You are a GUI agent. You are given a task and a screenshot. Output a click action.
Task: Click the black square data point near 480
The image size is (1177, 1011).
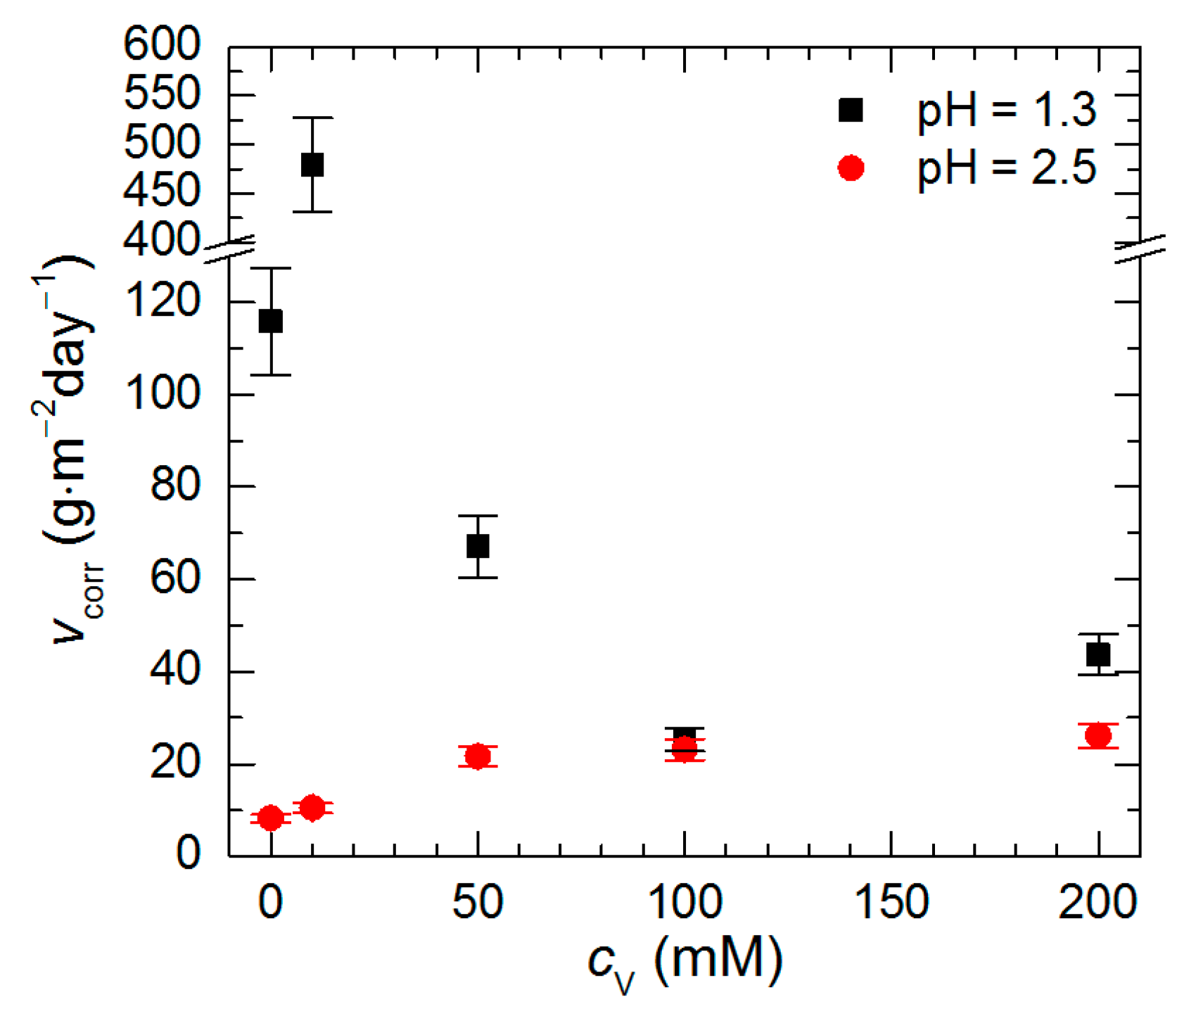click(x=312, y=165)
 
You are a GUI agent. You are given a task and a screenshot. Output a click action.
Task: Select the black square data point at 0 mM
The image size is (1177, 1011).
click(x=271, y=322)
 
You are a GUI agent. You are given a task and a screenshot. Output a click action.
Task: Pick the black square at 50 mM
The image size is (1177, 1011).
click(x=478, y=546)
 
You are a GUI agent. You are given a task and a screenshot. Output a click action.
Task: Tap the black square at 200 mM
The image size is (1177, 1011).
click(x=1098, y=655)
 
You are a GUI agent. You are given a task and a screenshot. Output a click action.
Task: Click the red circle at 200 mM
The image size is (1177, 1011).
click(x=1098, y=736)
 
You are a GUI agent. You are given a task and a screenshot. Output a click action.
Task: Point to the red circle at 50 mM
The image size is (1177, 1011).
click(x=478, y=756)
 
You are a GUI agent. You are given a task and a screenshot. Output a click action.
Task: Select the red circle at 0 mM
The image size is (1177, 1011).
click(x=271, y=818)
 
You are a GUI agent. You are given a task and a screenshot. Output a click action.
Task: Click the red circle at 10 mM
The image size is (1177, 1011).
click(x=312, y=808)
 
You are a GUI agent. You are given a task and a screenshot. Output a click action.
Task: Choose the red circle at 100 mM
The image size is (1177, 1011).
click(x=685, y=749)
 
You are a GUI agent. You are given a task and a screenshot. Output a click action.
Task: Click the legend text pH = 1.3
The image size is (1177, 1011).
click(x=1006, y=111)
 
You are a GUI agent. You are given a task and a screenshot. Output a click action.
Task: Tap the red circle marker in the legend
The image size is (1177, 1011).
click(x=851, y=168)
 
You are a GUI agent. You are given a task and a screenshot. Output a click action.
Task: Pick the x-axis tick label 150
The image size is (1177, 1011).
click(x=891, y=902)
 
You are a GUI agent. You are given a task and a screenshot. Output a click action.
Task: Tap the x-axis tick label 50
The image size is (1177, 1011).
click(x=478, y=902)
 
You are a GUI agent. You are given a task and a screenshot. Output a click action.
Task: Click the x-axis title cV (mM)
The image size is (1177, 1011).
click(x=685, y=961)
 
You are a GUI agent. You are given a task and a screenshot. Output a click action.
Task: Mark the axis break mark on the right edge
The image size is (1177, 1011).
click(x=1140, y=249)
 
